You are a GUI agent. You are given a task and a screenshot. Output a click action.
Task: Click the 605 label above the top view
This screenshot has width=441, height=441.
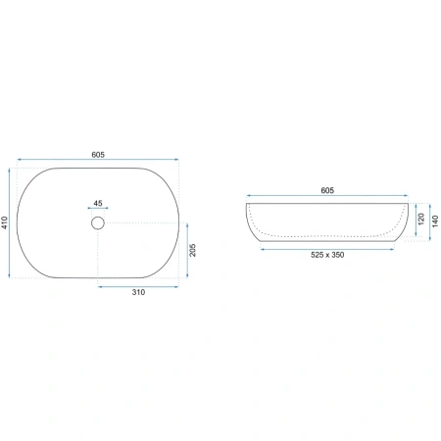pos(98,155)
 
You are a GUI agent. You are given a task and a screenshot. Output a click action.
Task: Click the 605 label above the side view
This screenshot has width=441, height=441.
pos(327,190)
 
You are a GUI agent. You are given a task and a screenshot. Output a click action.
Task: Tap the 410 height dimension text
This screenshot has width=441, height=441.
pos(5,222)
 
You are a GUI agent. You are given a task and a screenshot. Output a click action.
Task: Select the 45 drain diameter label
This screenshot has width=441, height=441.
pos(98,203)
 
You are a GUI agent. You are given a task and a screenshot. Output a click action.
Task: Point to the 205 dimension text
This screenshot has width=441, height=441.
pos(193,250)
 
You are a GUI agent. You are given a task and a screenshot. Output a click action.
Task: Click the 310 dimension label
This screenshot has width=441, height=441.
pos(138,292)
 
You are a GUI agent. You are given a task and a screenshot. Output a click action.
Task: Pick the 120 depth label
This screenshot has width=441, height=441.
pos(421,219)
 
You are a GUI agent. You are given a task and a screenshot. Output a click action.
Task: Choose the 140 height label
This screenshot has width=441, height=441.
pos(435,221)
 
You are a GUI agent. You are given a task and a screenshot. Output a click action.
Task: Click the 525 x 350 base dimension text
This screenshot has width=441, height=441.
pos(327,255)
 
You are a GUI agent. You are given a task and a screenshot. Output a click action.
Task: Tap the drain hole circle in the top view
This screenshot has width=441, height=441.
pos(98,217)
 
